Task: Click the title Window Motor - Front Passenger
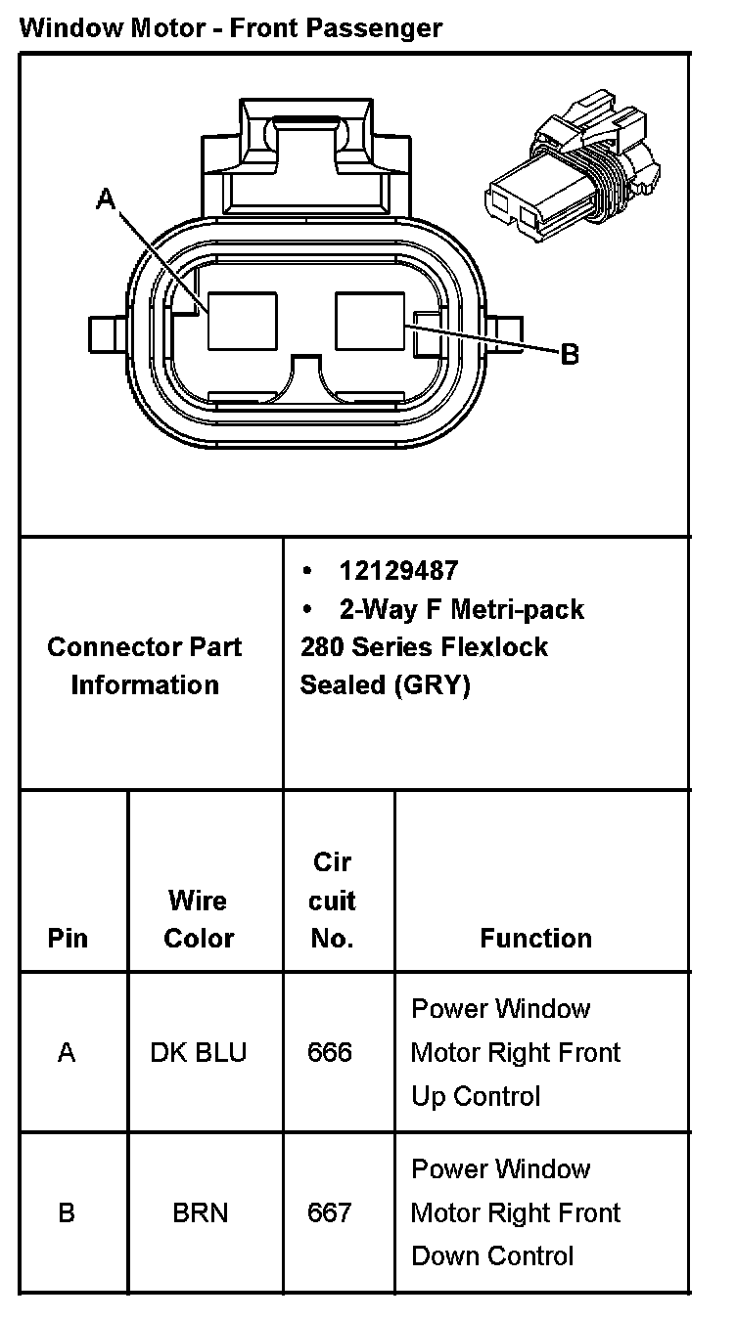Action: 231,28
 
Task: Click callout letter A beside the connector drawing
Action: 106,200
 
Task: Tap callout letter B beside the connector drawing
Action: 570,353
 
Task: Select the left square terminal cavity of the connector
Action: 243,321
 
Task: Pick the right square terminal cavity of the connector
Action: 370,321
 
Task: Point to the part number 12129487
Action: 398,570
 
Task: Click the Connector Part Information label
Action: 145,665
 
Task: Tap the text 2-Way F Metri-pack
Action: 461,609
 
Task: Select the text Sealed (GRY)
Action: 386,685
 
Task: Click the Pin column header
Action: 68,938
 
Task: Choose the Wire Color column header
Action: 199,918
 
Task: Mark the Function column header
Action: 535,938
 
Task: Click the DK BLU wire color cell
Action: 199,1052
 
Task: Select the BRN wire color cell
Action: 200,1212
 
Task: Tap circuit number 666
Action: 330,1052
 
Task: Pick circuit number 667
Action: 330,1212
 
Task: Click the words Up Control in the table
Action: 476,1096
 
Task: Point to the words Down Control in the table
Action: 492,1255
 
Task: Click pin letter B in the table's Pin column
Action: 67,1212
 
